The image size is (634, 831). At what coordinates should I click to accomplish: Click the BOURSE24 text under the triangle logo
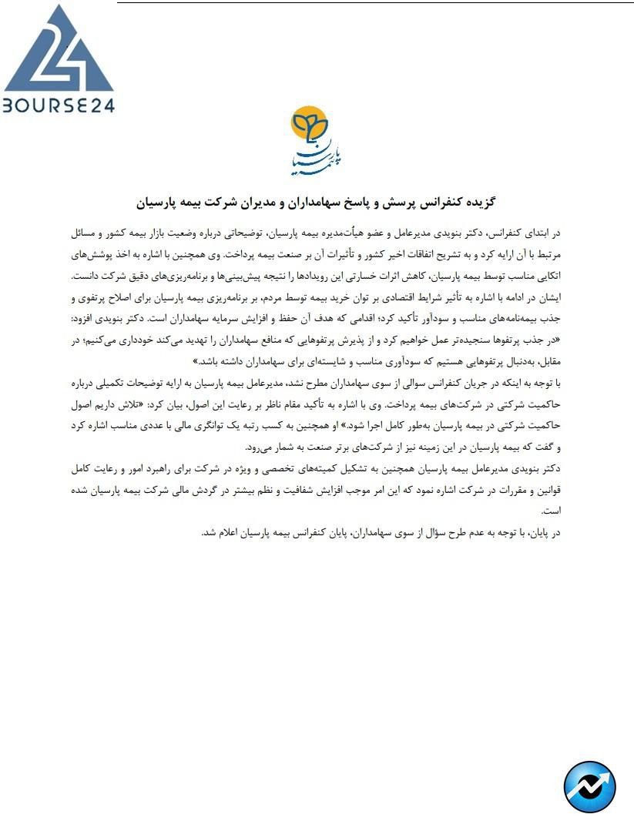pyautogui.click(x=59, y=105)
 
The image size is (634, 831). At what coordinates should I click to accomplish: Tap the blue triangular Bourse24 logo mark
pyautogui.click(x=58, y=50)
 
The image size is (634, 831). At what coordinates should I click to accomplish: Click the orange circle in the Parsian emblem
pyautogui.click(x=309, y=124)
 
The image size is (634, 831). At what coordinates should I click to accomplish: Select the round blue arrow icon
pyautogui.click(x=590, y=786)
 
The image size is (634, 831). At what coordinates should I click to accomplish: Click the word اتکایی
pyautogui.click(x=548, y=275)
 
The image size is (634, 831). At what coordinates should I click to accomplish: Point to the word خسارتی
pyautogui.click(x=363, y=275)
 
